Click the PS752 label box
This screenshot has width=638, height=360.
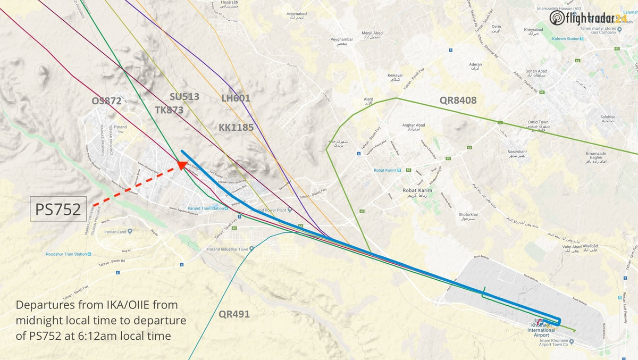(x=57, y=209)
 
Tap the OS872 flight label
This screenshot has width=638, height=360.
(x=106, y=101)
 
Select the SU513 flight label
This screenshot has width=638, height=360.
(x=184, y=96)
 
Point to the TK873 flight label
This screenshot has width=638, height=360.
(x=169, y=110)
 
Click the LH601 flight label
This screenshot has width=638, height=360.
(x=236, y=98)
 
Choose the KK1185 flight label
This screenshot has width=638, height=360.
(x=236, y=128)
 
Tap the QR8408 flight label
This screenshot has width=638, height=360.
(x=458, y=100)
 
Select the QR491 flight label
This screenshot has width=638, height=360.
(x=234, y=314)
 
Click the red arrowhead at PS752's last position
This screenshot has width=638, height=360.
(x=182, y=165)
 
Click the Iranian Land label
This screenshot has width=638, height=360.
(x=115, y=232)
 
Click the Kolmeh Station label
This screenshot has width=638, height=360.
(x=565, y=39)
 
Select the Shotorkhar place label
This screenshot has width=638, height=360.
(x=468, y=216)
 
